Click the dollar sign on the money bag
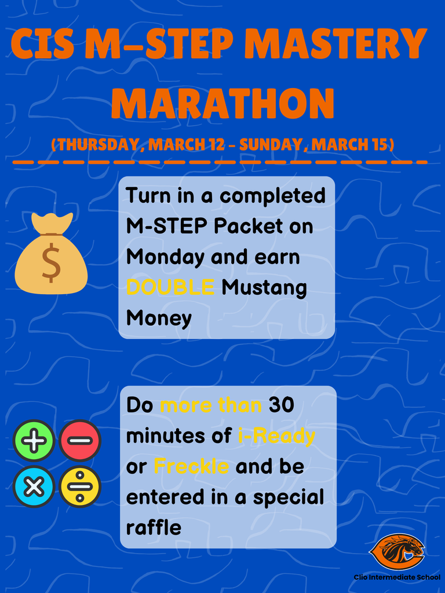click(x=51, y=262)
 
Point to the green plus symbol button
click(x=34, y=440)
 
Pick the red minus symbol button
click(x=80, y=440)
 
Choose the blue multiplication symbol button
click(x=34, y=486)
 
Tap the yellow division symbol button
click(x=80, y=486)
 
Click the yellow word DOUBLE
click(x=170, y=287)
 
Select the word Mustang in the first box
click(x=264, y=287)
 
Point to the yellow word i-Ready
click(x=276, y=435)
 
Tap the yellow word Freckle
click(x=191, y=466)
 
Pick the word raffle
click(x=154, y=528)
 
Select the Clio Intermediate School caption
click(x=397, y=577)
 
